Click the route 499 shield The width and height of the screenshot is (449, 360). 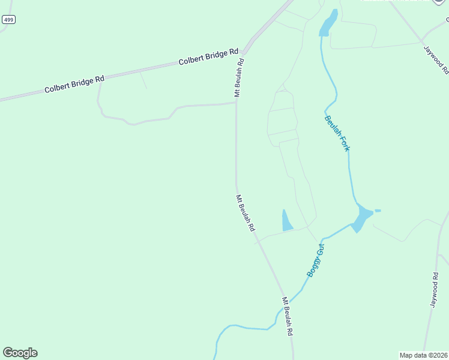8,20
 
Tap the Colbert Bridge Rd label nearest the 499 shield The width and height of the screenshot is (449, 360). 74,84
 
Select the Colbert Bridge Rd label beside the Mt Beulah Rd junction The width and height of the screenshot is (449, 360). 208,57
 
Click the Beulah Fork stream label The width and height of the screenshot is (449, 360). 337,133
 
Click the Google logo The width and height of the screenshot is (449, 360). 20,353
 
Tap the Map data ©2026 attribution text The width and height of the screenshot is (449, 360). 423,355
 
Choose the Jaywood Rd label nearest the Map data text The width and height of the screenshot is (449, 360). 435,290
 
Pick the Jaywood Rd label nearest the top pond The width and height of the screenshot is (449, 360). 436,59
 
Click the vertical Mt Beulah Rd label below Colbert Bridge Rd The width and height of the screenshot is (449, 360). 239,77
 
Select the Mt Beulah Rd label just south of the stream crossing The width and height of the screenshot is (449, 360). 288,316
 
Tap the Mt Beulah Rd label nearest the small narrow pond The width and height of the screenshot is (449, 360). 245,213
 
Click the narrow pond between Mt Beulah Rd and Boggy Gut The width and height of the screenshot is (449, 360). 286,221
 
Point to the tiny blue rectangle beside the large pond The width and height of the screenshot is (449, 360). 378,211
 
